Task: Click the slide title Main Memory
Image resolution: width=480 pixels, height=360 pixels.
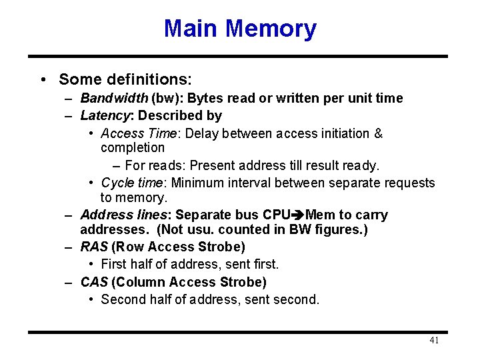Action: [240, 29]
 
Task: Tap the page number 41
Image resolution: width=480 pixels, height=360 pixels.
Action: [434, 340]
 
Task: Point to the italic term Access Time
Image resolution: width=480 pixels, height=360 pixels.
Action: [139, 133]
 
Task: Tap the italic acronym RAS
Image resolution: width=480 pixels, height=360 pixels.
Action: [93, 247]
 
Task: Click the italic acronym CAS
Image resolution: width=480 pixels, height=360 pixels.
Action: [93, 282]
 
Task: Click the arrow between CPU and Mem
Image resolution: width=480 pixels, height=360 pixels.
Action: [297, 215]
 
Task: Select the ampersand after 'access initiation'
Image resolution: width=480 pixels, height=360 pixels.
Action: [379, 133]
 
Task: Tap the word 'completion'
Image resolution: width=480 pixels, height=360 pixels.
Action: [133, 147]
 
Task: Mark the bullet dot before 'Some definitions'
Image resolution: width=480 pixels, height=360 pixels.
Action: [43, 79]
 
